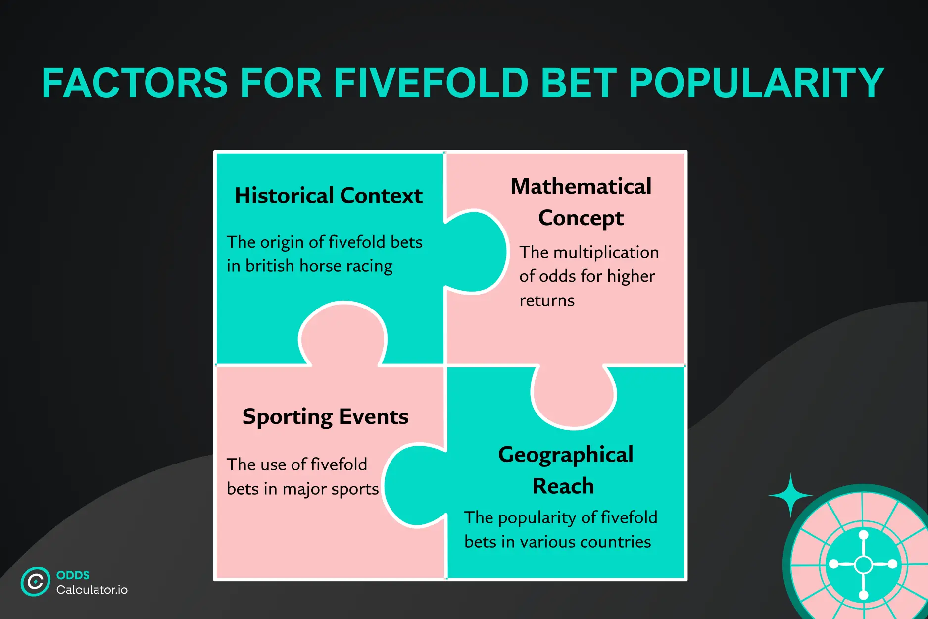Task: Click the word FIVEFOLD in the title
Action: pyautogui.click(x=431, y=83)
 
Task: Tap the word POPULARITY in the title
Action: pyautogui.click(x=756, y=83)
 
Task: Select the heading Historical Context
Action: pyautogui.click(x=329, y=195)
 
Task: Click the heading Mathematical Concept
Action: pyautogui.click(x=581, y=202)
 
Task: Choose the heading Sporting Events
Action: pyautogui.click(x=326, y=417)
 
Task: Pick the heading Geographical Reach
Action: pyautogui.click(x=566, y=470)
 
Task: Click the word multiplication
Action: pyautogui.click(x=606, y=253)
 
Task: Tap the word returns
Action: pyautogui.click(x=547, y=301)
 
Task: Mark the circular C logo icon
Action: pyautogui.click(x=36, y=582)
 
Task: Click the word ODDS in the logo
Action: pyautogui.click(x=73, y=575)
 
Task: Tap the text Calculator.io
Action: pyautogui.click(x=92, y=590)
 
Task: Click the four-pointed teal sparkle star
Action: pyautogui.click(x=790, y=495)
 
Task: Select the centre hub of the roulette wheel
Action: pyautogui.click(x=864, y=565)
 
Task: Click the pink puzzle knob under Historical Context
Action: pyautogui.click(x=343, y=334)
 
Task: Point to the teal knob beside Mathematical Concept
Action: pyautogui.click(x=477, y=252)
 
